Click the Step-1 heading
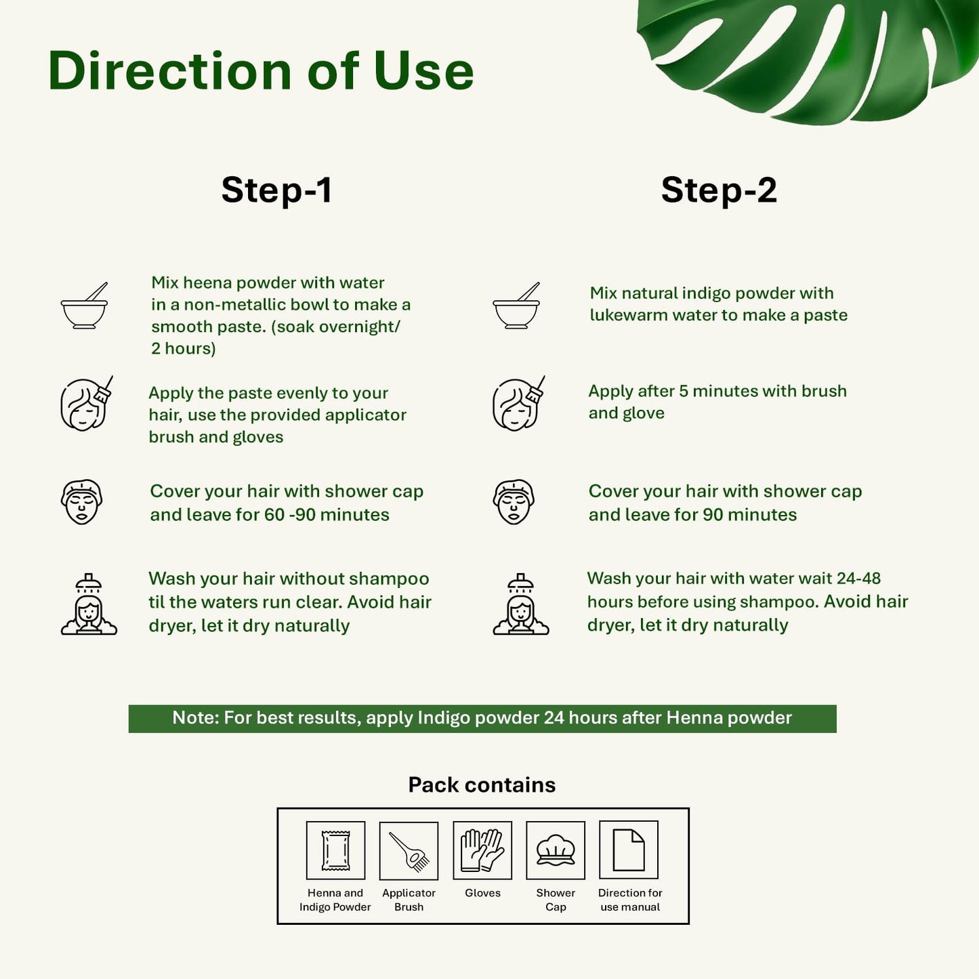pyautogui.click(x=277, y=190)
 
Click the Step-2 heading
pyautogui.click(x=719, y=190)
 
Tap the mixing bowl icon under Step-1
pyautogui.click(x=84, y=306)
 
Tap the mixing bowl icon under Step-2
pyautogui.click(x=516, y=306)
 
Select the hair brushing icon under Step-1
pyautogui.click(x=86, y=404)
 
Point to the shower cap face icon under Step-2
pyautogui.click(x=513, y=501)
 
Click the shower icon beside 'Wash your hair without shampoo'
pyautogui.click(x=89, y=604)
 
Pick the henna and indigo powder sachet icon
pyautogui.click(x=335, y=850)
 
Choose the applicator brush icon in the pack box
pyautogui.click(x=409, y=851)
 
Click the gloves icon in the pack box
pyautogui.click(x=482, y=850)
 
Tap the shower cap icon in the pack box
pyautogui.click(x=556, y=850)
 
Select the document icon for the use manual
pyautogui.click(x=629, y=850)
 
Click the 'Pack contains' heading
pyautogui.click(x=482, y=785)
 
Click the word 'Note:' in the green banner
pyautogui.click(x=196, y=717)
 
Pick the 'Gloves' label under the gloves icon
pyautogui.click(x=482, y=893)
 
